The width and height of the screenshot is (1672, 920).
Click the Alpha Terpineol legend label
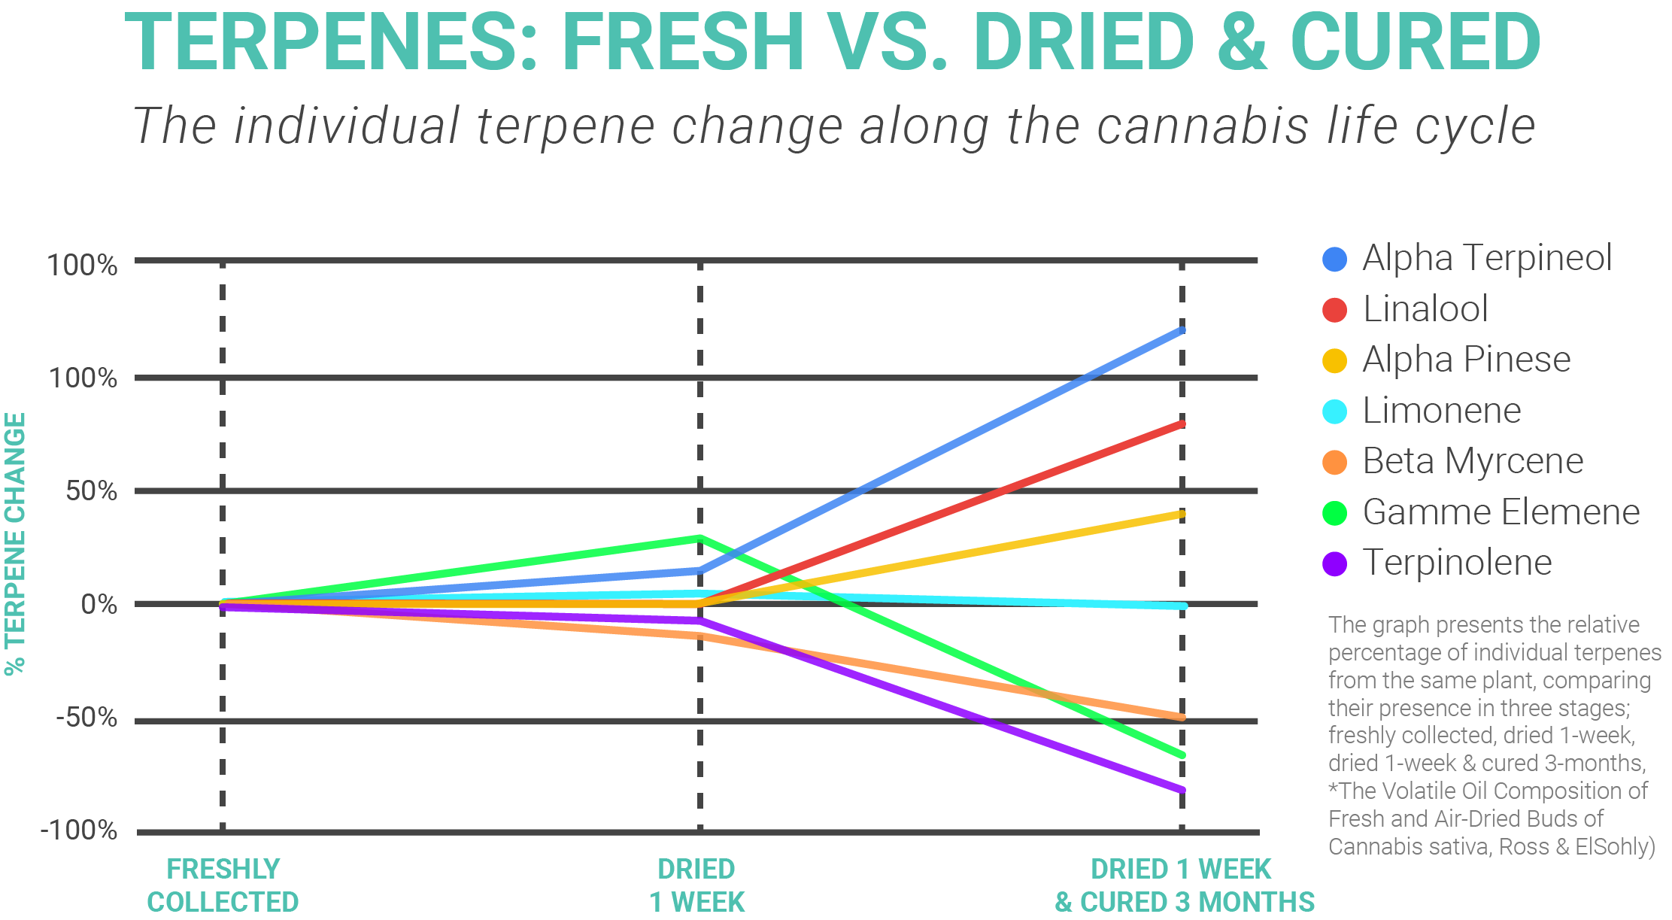(x=1487, y=258)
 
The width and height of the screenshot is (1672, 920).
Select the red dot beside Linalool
(x=1334, y=310)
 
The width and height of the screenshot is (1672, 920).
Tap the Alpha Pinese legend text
(x=1466, y=360)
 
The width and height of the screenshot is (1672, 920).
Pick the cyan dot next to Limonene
(x=1334, y=411)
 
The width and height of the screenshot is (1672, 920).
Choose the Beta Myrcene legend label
(x=1473, y=461)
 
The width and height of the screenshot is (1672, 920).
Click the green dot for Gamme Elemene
(x=1334, y=513)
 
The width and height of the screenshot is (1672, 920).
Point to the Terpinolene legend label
(x=1457, y=563)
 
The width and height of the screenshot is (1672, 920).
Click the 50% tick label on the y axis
(x=91, y=491)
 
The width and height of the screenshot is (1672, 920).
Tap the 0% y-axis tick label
(x=99, y=604)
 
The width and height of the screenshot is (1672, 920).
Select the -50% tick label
(x=86, y=718)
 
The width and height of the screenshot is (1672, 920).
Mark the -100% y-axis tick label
(x=78, y=830)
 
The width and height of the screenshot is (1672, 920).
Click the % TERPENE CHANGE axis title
(x=16, y=543)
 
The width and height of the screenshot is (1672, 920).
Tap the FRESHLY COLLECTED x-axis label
(x=223, y=885)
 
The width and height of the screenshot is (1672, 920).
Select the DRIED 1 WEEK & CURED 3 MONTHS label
(x=1183, y=885)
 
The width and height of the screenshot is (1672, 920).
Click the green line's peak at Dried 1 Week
(x=699, y=539)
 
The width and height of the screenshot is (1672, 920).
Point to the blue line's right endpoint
(x=1182, y=329)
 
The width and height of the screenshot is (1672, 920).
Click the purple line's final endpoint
(x=1182, y=790)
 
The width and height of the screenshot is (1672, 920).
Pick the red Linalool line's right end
(x=1182, y=424)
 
